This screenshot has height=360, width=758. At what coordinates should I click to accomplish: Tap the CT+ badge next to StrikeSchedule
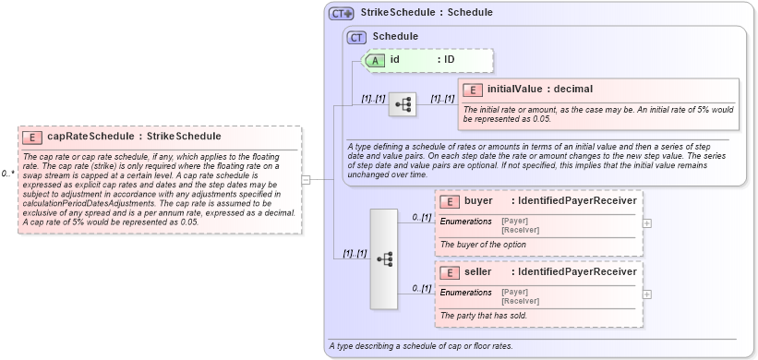(x=343, y=13)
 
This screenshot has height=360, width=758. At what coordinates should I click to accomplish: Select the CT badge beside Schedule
(x=356, y=37)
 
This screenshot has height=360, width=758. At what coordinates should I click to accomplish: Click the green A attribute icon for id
(x=376, y=60)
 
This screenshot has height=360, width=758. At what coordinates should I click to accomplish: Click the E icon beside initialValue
(x=474, y=90)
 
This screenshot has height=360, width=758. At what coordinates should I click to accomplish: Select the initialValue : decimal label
(x=540, y=90)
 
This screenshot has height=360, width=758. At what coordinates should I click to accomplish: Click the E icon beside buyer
(x=451, y=201)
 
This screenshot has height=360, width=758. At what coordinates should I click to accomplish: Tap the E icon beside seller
(x=451, y=272)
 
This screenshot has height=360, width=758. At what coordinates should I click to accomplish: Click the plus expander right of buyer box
(x=646, y=222)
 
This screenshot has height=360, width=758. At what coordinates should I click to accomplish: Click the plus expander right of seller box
(x=646, y=294)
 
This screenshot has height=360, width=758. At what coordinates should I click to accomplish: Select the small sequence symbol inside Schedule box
(x=402, y=104)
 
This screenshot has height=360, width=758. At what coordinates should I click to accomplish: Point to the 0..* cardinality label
(x=7, y=174)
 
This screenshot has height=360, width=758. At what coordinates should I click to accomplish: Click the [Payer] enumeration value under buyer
(x=514, y=220)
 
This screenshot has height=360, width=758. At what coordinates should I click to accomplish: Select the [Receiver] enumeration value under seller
(x=519, y=301)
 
